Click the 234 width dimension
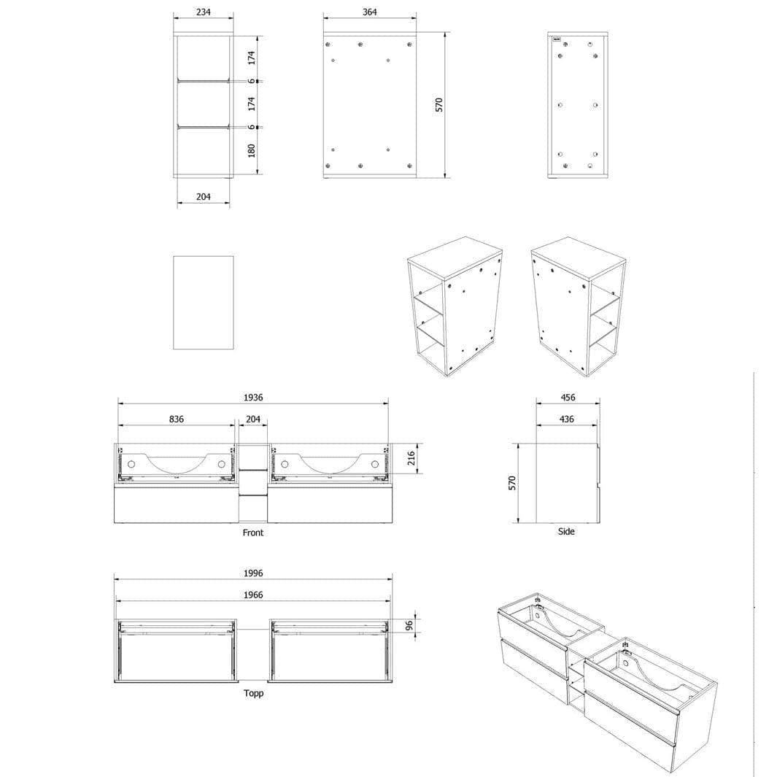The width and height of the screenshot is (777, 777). pos(203,12)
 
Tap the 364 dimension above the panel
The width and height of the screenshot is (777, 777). pos(370,12)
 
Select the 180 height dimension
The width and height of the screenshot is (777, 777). pos(252,150)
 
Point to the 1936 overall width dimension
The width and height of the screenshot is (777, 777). pos(253,398)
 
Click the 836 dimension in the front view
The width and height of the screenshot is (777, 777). pos(177,420)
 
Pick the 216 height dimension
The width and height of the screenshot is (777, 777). pos(411,458)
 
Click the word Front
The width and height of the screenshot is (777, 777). pos(253,533)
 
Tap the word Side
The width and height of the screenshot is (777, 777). pos(566,531)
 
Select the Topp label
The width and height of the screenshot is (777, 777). pos(253,693)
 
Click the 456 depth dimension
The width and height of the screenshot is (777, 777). pos(568,398)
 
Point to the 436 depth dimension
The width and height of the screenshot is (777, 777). pos(566,420)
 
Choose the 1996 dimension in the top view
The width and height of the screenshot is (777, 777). pos(253,573)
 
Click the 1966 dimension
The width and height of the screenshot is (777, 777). pos(253,595)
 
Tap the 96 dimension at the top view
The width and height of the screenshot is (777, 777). pos(409,626)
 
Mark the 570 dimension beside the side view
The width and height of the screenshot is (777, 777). pos(512,483)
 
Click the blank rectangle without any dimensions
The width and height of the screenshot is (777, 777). pos(203,302)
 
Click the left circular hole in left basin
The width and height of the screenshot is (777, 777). pos(131,464)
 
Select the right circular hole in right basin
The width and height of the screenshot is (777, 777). pos(375,464)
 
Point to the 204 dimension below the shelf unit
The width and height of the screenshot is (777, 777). pos(203,197)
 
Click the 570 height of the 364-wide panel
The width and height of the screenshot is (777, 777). pos(439,104)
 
